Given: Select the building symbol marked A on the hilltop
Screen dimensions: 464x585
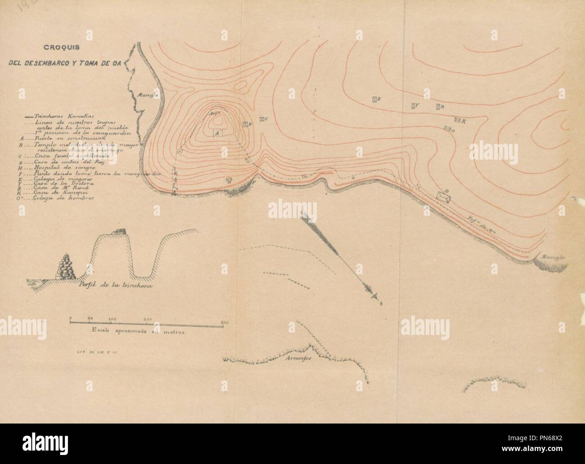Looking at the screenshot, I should point(216,134).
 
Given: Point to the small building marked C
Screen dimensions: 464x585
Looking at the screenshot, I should point(262,119).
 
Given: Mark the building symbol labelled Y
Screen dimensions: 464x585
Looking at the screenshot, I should point(414,106).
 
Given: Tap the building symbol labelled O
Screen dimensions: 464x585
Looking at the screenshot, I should point(448,129).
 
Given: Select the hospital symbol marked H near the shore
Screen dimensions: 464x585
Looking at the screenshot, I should point(229,180).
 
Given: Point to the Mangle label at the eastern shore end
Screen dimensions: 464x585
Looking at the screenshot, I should point(552,259).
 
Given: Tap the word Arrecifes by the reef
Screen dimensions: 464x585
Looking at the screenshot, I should point(298,364).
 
